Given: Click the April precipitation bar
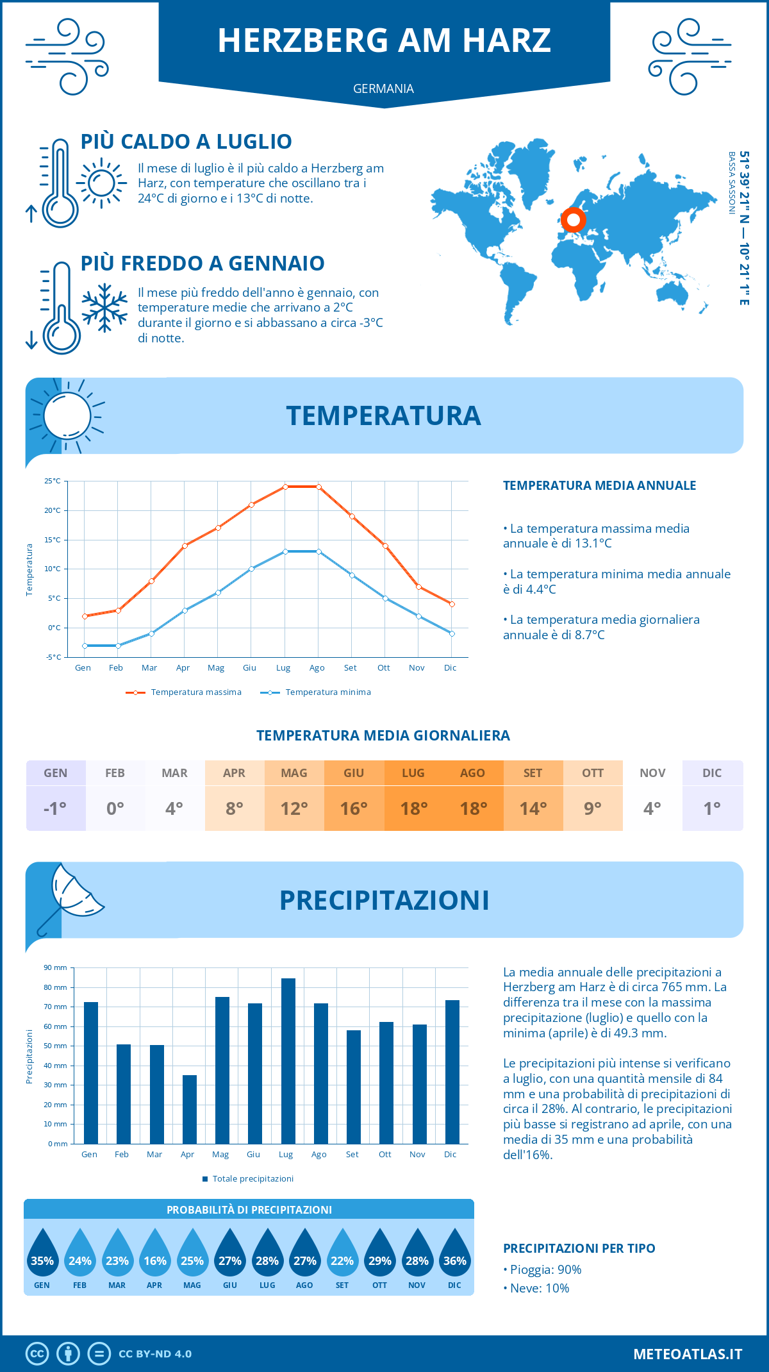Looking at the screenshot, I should [190, 1109].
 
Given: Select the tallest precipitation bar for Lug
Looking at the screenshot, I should [288, 1061].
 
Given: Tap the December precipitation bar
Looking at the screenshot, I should [452, 1072].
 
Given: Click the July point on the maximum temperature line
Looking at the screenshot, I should [285, 487].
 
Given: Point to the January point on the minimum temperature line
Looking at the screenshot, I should [85, 646].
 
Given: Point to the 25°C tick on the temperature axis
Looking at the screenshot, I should [53, 481].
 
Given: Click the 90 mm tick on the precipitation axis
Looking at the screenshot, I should [56, 967].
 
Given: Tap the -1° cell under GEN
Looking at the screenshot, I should [55, 808].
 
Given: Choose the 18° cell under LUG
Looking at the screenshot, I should [413, 808].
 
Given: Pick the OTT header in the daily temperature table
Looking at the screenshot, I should [593, 773].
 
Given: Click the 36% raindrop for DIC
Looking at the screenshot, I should [454, 1256].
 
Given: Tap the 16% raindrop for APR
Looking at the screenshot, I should [154, 1256].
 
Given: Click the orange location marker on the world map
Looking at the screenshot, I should [574, 220].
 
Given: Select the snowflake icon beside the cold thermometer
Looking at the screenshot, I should [104, 308].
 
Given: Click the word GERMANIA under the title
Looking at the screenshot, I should [383, 88].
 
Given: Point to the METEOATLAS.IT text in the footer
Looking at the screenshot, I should [688, 1354].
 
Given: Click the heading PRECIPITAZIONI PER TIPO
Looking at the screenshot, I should [579, 1248].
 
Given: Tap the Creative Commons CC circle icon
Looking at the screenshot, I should [37, 1354].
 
